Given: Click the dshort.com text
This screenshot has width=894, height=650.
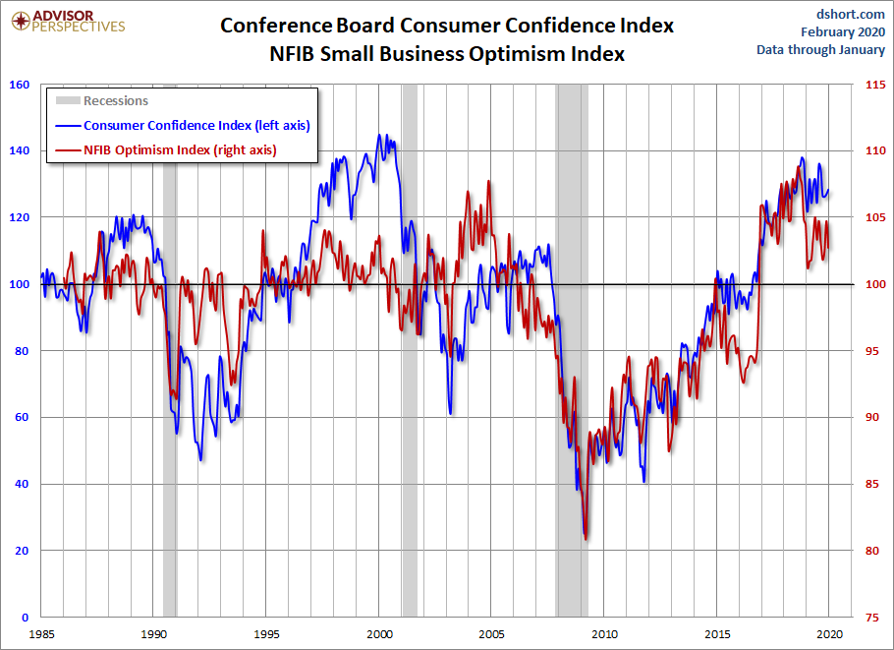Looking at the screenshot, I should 851,13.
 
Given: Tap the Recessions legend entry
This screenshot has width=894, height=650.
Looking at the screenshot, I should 115,100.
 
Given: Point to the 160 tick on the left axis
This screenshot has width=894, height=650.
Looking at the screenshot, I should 18,85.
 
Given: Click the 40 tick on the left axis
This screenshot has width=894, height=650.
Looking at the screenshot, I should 21,484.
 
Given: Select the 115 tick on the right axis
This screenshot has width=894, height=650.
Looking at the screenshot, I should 872,85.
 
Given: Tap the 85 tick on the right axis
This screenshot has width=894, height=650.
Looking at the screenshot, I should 870,484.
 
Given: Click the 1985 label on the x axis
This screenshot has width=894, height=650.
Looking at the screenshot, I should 40,633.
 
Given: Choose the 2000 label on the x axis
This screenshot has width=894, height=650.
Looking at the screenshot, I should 380,633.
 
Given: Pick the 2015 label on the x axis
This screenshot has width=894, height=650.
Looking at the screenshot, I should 719,633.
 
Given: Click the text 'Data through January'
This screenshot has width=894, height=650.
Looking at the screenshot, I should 821,50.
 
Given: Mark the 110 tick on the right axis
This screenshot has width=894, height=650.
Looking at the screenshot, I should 872,151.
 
